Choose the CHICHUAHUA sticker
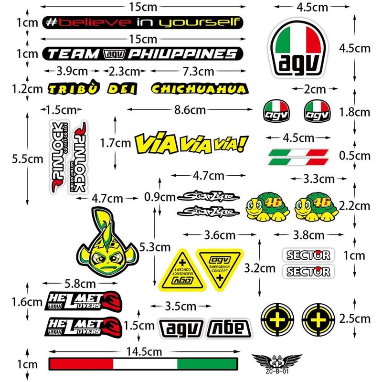pos(199,89)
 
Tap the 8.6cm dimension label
pos(183,110)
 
